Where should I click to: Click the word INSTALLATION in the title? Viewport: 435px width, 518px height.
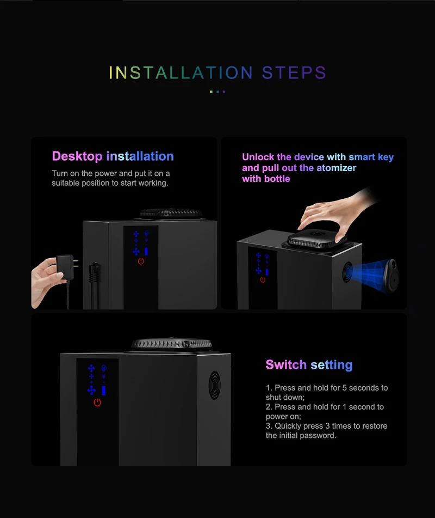pos(181,72)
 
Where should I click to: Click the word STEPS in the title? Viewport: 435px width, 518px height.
pos(294,72)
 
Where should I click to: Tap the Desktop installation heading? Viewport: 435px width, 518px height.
pos(113,156)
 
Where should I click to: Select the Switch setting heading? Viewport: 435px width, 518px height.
pos(309,365)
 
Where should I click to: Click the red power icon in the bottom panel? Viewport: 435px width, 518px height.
pos(97,403)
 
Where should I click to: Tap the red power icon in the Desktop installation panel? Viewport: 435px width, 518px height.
pos(141,261)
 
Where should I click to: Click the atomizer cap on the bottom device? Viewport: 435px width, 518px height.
pos(171,344)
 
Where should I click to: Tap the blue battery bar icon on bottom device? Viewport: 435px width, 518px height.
pos(104,390)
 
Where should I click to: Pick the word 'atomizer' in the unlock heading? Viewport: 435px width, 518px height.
pos(336,168)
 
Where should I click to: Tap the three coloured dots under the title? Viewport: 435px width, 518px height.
pos(217,92)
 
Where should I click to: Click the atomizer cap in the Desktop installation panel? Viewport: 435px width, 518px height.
pos(171,213)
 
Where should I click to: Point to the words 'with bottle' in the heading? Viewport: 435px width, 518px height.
pos(266,179)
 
